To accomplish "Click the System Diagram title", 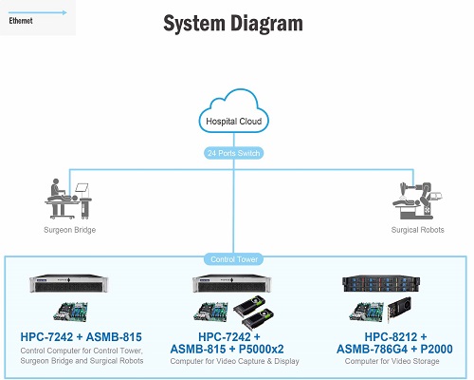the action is (x=233, y=24).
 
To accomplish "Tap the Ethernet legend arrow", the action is (x=38, y=12).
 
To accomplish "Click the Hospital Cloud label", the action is (x=234, y=122).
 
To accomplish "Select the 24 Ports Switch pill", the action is (x=234, y=153).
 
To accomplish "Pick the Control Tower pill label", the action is (x=234, y=259).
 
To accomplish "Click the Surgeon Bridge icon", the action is (x=68, y=199).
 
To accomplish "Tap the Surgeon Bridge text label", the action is (x=69, y=230).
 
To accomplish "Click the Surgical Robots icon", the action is (x=417, y=200).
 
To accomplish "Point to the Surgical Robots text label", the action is (x=417, y=230).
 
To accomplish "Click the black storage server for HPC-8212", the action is (x=381, y=284).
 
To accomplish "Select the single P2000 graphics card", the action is (x=399, y=310).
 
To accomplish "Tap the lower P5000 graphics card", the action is (x=258, y=319).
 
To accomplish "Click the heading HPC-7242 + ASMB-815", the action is (x=82, y=337).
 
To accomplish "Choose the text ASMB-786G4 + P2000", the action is (x=394, y=350).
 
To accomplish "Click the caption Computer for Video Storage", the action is (x=392, y=361).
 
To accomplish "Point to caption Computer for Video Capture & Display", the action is (x=234, y=361).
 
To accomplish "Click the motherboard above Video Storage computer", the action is (x=367, y=312).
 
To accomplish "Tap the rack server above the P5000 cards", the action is (x=232, y=283).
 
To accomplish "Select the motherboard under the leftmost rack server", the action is (x=70, y=312).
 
